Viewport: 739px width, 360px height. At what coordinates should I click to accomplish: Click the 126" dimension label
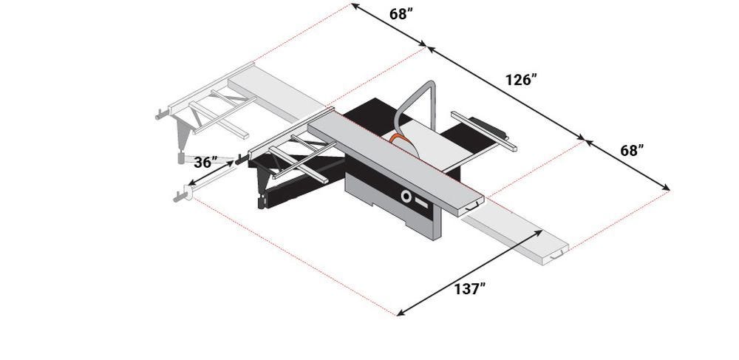521,80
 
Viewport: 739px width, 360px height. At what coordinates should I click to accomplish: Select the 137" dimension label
469,289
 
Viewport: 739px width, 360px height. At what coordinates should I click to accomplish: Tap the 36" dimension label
205,162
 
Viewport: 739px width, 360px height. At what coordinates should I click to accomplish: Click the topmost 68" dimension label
401,14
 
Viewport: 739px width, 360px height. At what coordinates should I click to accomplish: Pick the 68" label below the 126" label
632,151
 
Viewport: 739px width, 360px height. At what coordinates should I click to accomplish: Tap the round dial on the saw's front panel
405,195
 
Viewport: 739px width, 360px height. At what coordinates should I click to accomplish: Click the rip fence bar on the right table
483,131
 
